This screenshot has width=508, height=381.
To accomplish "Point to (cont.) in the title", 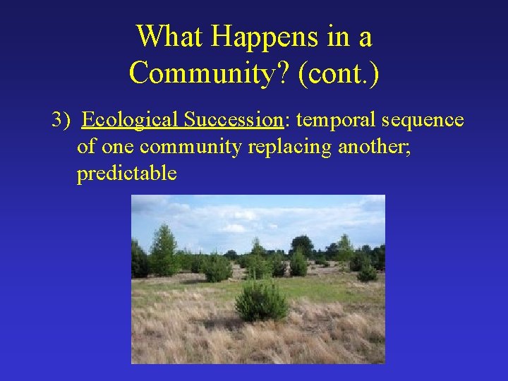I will point(339,73).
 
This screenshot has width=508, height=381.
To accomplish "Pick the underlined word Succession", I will point(232,120).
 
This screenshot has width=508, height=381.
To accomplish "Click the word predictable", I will point(127,174).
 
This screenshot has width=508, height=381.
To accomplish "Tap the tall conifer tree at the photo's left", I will point(164,250).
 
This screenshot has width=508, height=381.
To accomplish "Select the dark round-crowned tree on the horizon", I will point(302,245).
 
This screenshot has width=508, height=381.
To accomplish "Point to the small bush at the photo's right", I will point(366,272).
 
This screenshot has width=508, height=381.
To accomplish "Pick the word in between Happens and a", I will point(344,37).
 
